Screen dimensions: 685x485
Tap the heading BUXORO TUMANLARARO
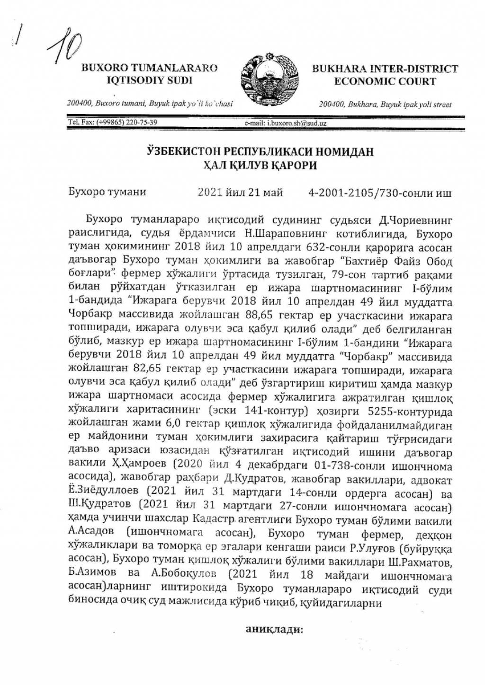(x=150, y=68)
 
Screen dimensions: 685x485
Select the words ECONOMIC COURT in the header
(x=385, y=81)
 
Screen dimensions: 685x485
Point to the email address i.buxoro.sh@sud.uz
(x=285, y=123)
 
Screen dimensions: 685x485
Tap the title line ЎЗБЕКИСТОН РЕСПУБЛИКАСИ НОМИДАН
(x=259, y=152)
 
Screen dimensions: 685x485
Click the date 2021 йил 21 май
(x=240, y=193)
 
